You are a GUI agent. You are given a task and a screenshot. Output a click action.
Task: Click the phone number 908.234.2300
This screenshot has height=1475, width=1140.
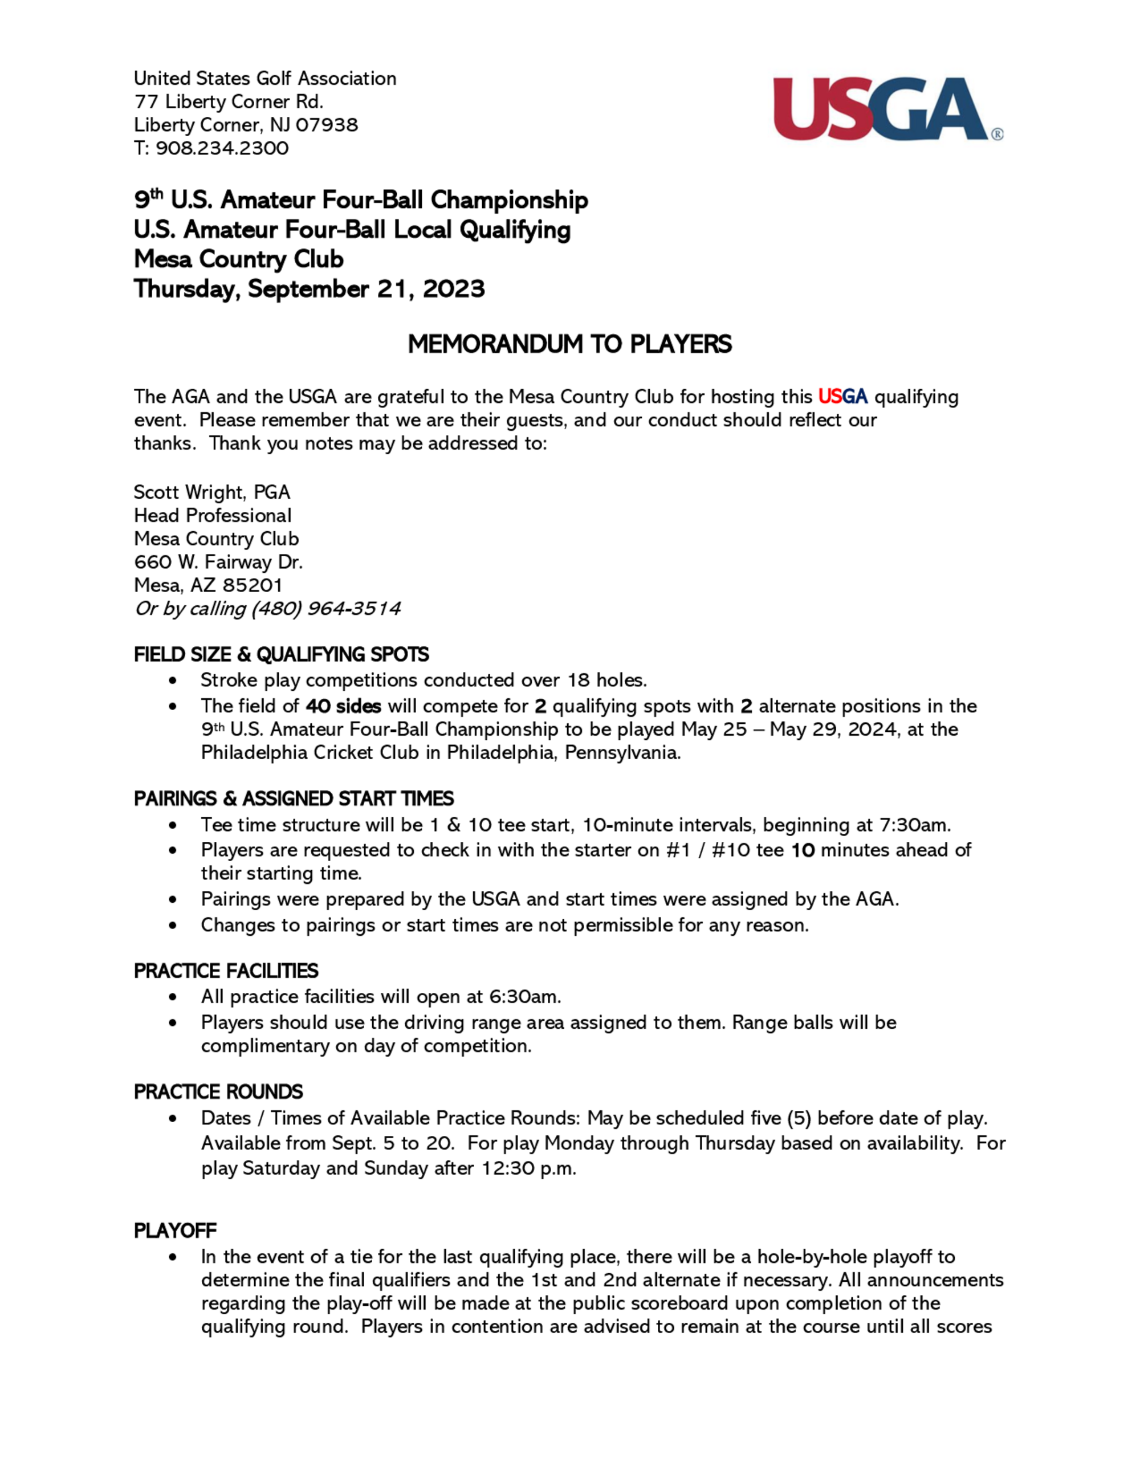point(222,149)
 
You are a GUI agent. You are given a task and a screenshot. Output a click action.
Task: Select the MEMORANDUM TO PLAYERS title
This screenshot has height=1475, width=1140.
point(569,344)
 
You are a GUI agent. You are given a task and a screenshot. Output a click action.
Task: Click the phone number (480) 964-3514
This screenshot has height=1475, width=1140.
point(326,609)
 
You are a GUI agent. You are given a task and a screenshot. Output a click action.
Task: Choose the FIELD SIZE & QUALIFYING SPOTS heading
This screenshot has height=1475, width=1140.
point(281,654)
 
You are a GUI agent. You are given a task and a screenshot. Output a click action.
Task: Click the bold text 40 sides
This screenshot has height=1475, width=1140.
point(343,706)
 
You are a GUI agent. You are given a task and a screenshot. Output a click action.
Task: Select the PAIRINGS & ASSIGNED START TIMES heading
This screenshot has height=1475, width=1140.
point(293,799)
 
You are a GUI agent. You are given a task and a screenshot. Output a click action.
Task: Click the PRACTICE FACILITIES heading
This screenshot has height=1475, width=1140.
point(226,971)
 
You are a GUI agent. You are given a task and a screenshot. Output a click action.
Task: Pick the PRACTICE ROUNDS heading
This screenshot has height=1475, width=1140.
point(218,1092)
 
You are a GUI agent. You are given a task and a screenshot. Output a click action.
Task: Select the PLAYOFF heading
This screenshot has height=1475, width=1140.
point(175,1230)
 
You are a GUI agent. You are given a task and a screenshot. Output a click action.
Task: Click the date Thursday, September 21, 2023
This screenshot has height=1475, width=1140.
point(308,289)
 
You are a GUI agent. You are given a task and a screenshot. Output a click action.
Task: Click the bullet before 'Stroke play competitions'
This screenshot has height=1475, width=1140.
point(174,681)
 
